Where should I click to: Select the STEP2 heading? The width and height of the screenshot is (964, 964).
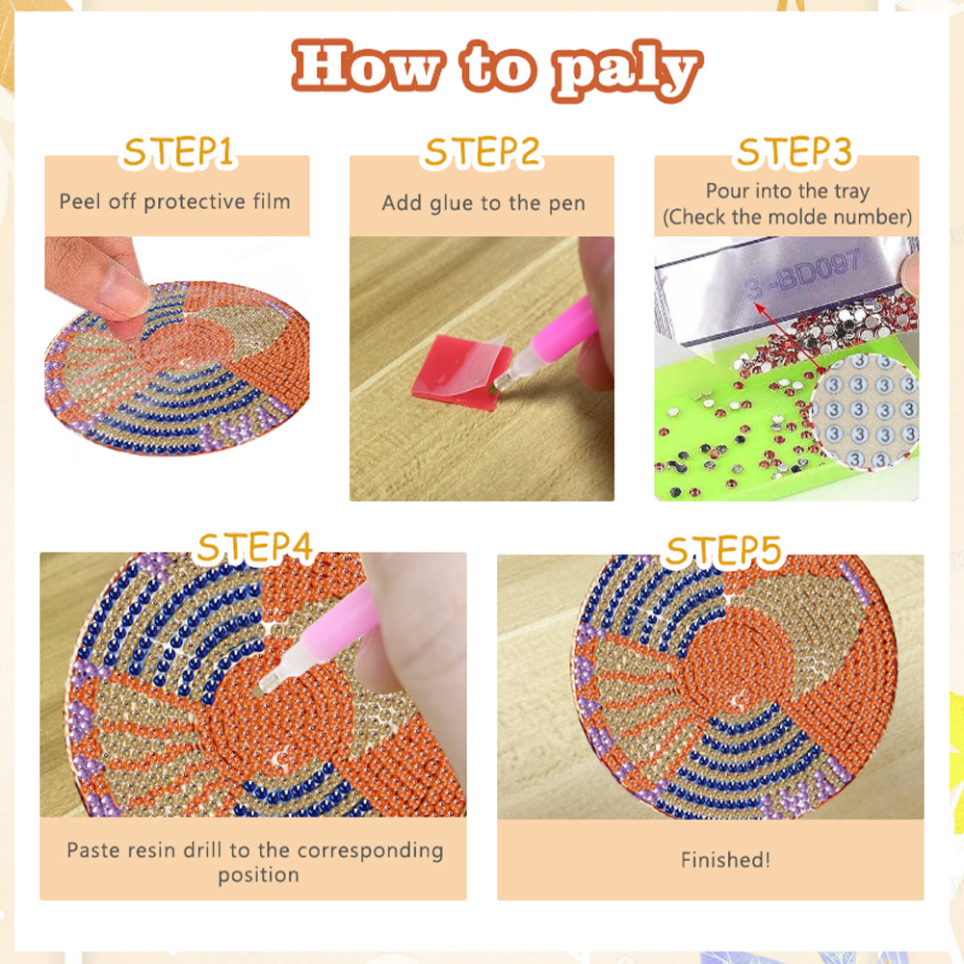[x=482, y=153]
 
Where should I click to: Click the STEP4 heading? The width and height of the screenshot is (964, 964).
[x=254, y=547]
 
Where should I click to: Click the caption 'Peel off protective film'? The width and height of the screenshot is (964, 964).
[x=174, y=201]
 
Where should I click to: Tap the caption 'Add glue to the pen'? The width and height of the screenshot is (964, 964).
[x=482, y=202]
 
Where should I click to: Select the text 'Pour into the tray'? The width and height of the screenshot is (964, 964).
[x=787, y=191]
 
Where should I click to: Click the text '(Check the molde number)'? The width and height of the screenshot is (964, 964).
[x=787, y=217]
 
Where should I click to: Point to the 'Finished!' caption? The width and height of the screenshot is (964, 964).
[x=725, y=860]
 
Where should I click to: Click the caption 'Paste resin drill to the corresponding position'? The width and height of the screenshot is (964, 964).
[x=255, y=862]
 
